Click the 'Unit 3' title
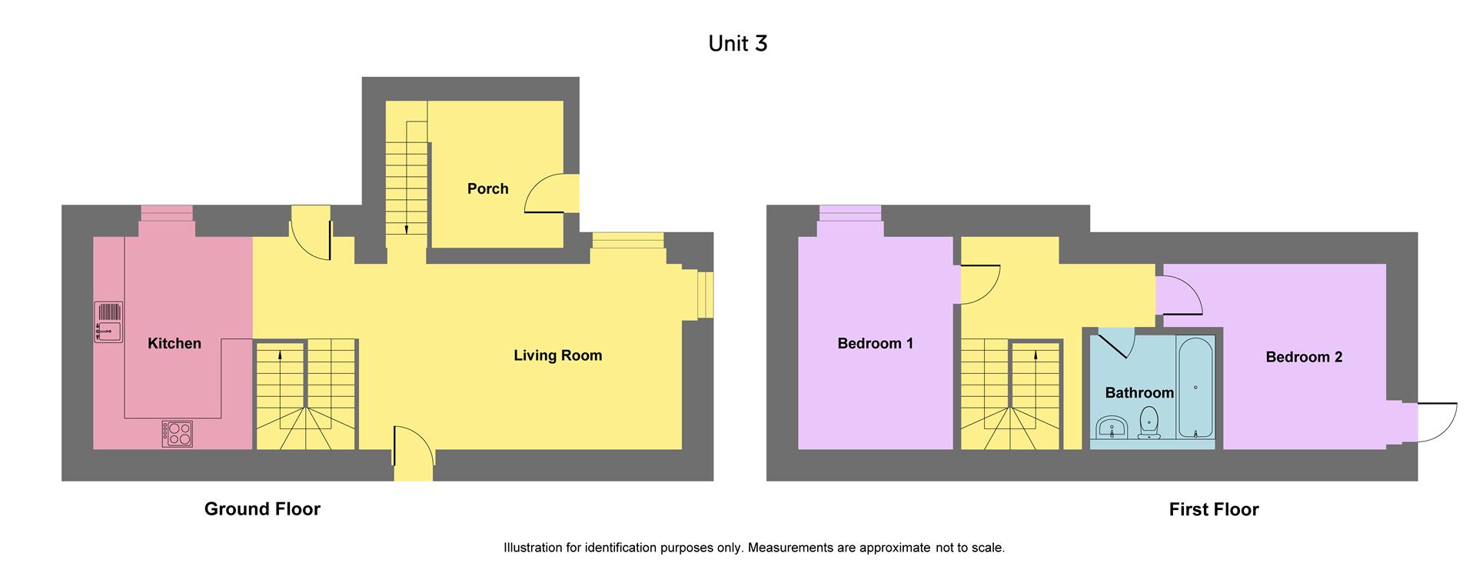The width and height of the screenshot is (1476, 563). (737, 44)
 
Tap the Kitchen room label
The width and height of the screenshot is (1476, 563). (175, 344)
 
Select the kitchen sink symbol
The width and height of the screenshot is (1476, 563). (108, 321)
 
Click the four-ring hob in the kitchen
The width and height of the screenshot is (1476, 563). (177, 434)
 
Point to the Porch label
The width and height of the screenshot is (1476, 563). (487, 189)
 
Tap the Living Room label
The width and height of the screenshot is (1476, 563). (557, 355)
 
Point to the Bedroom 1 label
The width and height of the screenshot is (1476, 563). (875, 344)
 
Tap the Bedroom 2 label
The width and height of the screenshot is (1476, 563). (1303, 357)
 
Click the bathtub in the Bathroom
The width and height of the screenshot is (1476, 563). (1195, 388)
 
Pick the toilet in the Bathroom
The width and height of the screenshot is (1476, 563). (1149, 423)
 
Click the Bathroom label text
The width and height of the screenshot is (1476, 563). (1139, 393)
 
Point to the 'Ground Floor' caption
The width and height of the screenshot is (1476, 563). (262, 509)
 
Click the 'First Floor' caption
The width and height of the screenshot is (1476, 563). (1213, 509)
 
